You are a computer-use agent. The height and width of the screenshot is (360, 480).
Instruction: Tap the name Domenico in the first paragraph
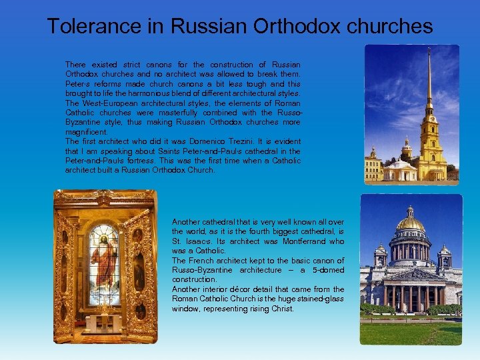tap(208, 141)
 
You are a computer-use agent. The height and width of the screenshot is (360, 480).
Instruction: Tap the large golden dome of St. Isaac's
tap(411, 223)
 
